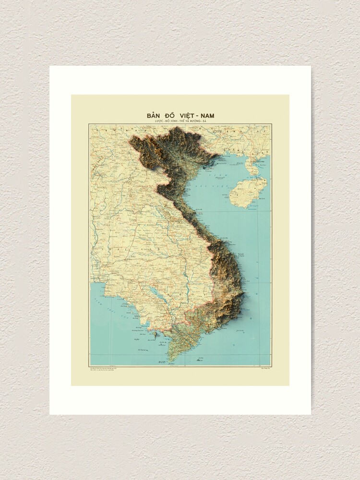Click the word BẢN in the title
(x=155, y=116)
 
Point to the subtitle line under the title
(x=180, y=122)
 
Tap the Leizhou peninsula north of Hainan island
(x=252, y=165)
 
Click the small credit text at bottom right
(x=258, y=369)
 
